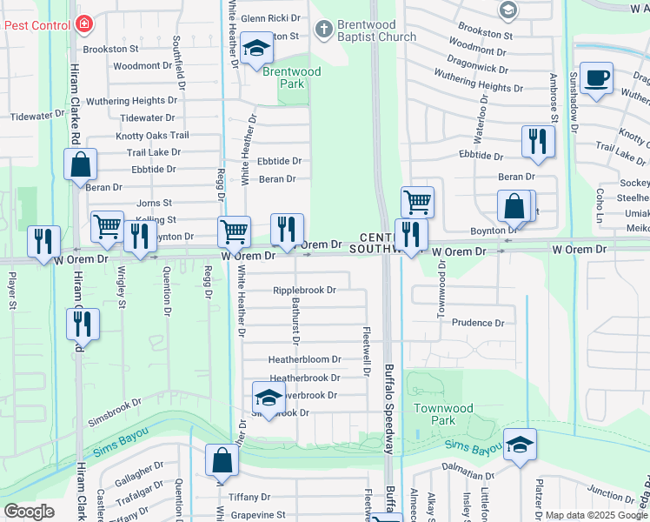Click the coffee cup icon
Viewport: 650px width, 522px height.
[595, 78]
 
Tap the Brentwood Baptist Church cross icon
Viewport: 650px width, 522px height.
[323, 30]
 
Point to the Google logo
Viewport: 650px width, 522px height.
[29, 512]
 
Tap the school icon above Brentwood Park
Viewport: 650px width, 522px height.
[256, 50]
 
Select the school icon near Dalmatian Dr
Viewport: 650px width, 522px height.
[520, 445]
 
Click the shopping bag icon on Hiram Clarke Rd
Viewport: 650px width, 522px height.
[80, 164]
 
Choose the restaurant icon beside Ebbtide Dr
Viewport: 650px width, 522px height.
[538, 142]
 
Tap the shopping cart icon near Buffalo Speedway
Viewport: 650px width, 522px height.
[418, 203]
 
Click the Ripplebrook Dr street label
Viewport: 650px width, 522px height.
[304, 291]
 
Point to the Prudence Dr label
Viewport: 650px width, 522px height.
[477, 323]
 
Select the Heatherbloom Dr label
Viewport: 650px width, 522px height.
[304, 359]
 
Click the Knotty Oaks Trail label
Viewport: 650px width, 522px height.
[152, 136]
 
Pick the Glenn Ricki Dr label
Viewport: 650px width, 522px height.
[269, 17]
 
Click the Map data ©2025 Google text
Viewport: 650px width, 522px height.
[595, 515]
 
